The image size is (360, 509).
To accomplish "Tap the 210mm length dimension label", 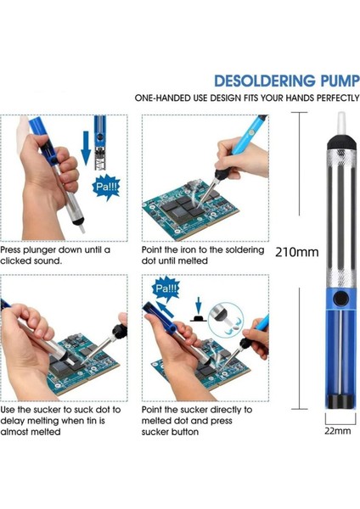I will click(x=296, y=252).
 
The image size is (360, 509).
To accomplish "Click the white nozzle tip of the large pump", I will click(x=339, y=126).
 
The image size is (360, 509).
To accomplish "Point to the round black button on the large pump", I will click(x=340, y=299).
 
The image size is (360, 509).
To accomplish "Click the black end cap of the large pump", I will click(x=340, y=407).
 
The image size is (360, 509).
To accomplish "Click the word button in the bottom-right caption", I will click(x=181, y=432).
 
